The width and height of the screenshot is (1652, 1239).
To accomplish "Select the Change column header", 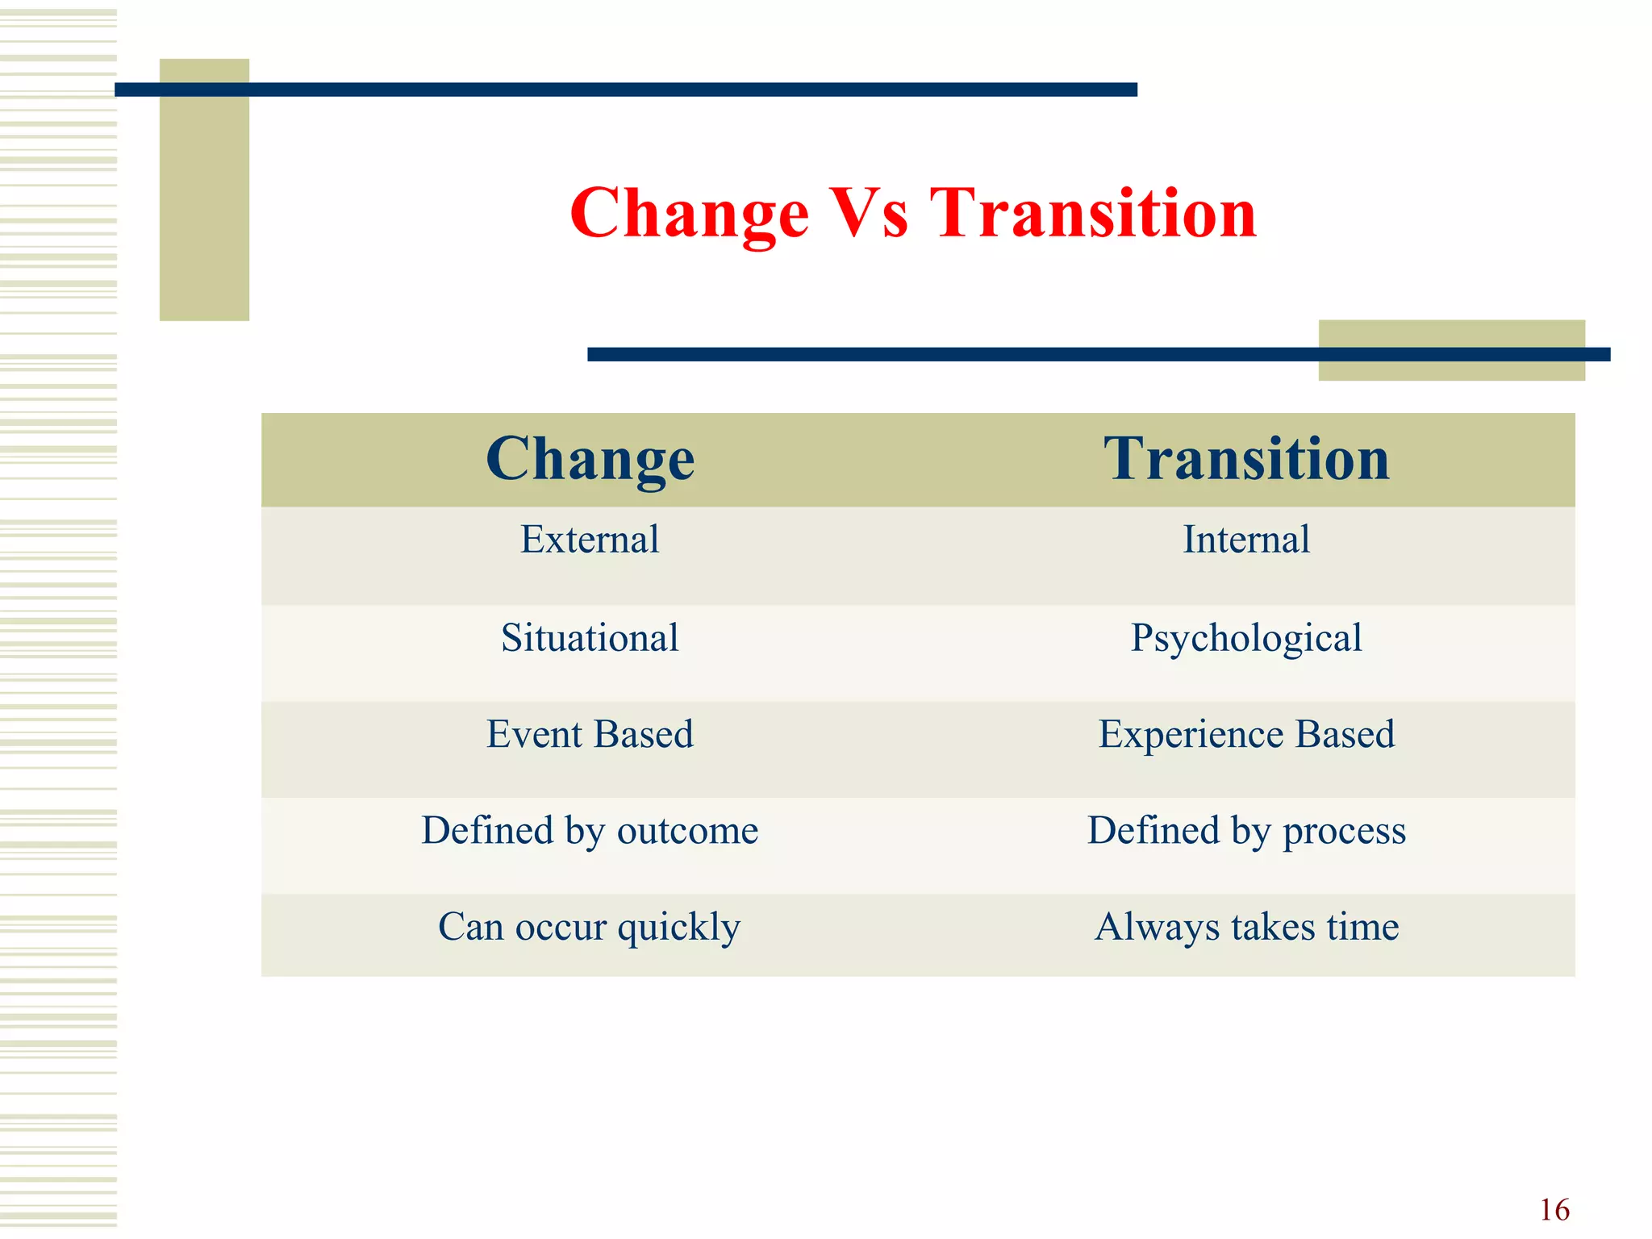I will (590, 459).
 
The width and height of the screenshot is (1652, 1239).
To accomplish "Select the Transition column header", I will (1246, 459).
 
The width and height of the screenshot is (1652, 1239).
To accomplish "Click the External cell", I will (590, 540).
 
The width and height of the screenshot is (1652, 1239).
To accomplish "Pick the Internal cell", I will (1246, 540).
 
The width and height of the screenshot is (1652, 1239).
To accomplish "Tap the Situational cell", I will (590, 638).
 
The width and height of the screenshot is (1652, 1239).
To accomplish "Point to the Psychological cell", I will (1246, 638).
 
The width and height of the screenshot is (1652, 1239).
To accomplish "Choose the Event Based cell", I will (590, 734).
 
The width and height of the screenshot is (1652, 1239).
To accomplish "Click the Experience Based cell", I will (1246, 734).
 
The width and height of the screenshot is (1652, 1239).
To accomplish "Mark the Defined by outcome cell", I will (590, 831).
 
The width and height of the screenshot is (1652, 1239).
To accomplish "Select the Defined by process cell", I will (1246, 831).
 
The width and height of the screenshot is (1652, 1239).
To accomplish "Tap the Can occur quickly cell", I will (590, 927).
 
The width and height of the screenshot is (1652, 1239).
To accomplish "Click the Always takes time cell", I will (1246, 927).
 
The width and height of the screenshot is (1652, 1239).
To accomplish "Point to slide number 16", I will (1554, 1210).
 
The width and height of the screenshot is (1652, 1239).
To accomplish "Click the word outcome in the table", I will (687, 831).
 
